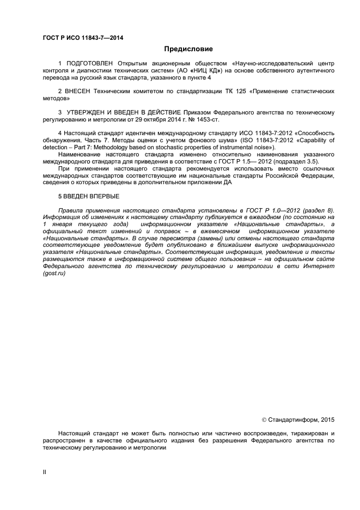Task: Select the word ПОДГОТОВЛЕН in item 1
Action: pyautogui.click(x=89, y=64)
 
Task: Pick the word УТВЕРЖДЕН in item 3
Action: pyautogui.click(x=90, y=112)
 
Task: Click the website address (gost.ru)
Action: pyautogui.click(x=54, y=274)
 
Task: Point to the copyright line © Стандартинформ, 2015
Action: pyautogui.click(x=298, y=420)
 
